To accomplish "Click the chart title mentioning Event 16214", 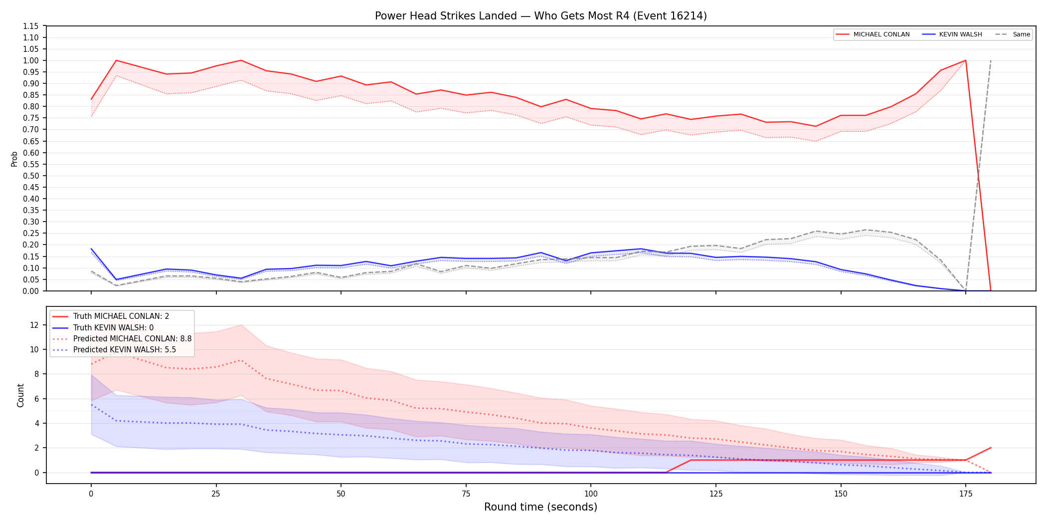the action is pos(541,16).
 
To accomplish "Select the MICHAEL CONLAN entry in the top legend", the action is pos(872,34).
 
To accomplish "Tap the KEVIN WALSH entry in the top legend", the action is pos(952,34).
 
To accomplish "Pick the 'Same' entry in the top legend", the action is pos(1013,34).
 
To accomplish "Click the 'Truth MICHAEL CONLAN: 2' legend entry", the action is pos(111,316).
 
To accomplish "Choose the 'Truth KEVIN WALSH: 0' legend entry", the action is pos(103,328).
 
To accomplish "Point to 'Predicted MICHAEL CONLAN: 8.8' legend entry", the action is pos(122,339).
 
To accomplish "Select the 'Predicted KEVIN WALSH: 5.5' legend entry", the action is pos(114,350).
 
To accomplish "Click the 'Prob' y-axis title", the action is pos(14,159).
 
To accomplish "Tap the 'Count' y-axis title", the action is pos(20,395).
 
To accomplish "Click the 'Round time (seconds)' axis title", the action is pos(541,507).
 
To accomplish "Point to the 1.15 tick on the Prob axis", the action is pos(31,26).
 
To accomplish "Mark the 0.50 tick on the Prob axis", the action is pos(31,176).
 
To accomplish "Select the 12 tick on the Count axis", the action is pos(34,325).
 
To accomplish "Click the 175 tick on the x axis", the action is pos(966,494).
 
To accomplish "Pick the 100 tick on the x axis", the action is pos(591,494).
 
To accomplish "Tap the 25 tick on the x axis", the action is pos(216,494).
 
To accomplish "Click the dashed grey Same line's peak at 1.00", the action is pos(991,60).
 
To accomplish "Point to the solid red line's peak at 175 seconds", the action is pos(966,60).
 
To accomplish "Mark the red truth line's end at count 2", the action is pos(991,448).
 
